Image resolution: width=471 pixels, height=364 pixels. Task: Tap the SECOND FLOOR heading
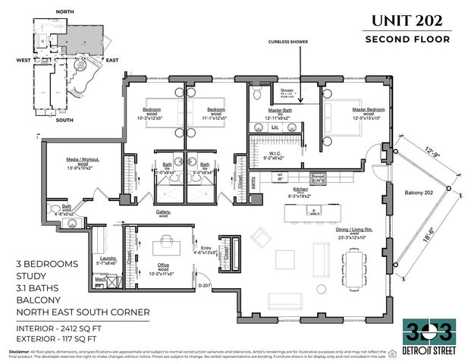coord(407,39)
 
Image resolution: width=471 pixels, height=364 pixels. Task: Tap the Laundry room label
coord(108,259)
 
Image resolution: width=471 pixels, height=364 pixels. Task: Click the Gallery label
coord(163,211)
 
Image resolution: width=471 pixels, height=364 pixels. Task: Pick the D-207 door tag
coord(203,284)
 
